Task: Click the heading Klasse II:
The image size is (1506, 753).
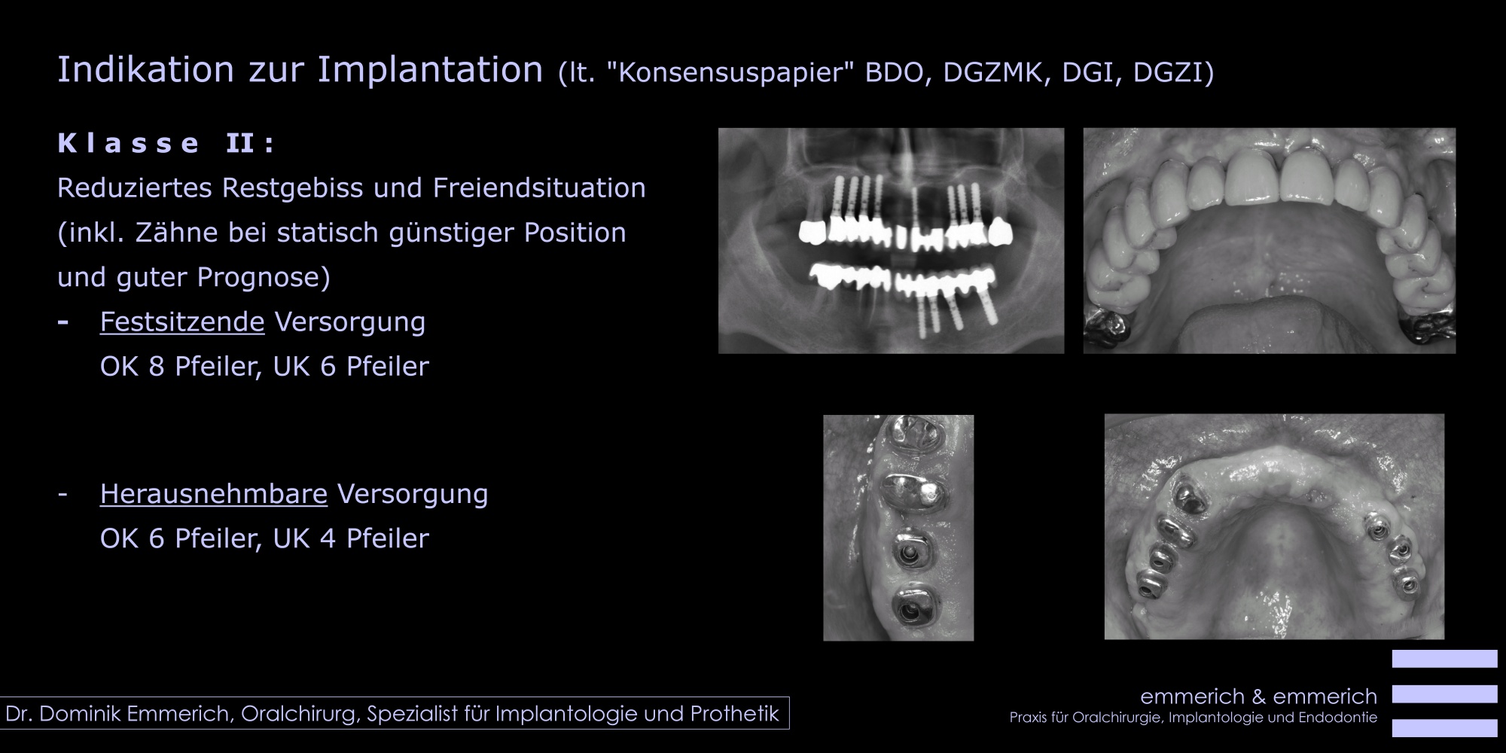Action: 166,143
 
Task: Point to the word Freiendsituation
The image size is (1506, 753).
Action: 539,187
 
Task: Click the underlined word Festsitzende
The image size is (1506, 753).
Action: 182,322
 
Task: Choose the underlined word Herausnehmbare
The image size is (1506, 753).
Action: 214,494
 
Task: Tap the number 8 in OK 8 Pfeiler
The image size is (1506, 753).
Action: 157,367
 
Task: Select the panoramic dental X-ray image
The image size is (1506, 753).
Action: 891,240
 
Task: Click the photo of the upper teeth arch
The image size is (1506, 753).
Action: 1269,240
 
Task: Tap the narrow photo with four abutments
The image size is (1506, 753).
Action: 898,528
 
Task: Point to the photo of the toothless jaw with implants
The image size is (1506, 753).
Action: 1274,526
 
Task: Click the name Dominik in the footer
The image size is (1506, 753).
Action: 82,714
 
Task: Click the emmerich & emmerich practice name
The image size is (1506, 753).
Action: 1259,697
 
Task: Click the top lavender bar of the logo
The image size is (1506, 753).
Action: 1444,659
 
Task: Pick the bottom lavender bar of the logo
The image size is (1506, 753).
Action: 1444,728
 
